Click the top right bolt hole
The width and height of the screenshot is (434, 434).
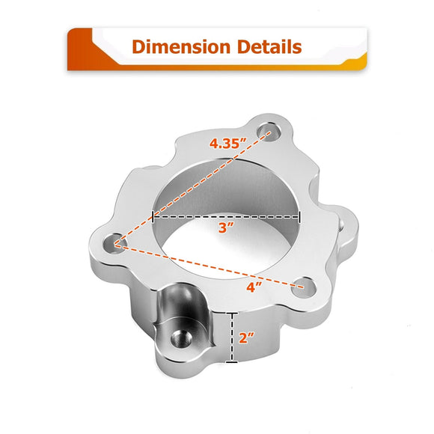(269, 132)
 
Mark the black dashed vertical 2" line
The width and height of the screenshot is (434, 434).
(236, 337)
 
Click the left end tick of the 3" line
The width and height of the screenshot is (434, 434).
(153, 216)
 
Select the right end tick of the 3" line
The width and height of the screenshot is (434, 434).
(299, 216)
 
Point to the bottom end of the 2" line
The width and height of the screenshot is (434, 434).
(236, 362)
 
